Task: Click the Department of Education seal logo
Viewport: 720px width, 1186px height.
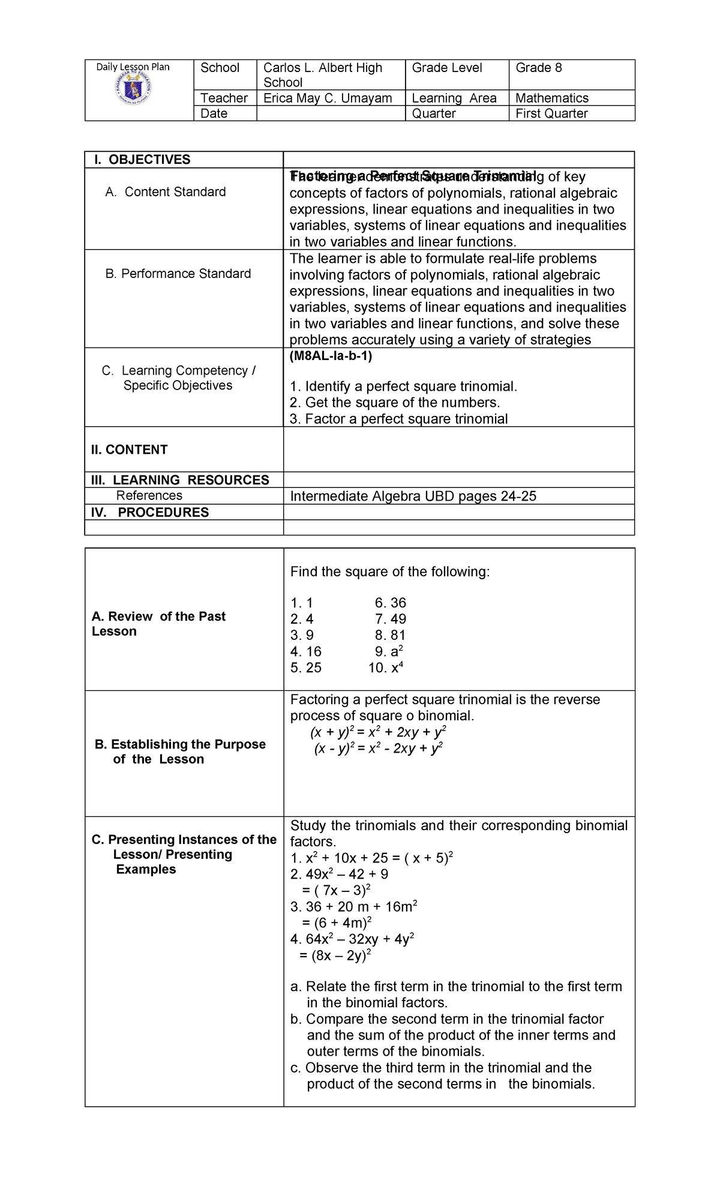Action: point(133,91)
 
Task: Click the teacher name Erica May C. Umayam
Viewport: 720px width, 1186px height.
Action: point(328,98)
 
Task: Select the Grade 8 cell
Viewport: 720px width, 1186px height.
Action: point(539,68)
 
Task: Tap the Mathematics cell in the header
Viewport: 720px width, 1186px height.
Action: point(551,98)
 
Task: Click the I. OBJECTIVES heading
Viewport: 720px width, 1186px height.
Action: point(142,160)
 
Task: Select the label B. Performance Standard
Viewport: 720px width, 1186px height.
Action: point(178,274)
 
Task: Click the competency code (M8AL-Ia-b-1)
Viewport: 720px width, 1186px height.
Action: point(331,356)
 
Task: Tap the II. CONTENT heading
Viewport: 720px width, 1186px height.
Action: point(130,450)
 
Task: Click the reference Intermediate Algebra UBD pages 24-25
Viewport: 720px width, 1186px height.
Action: point(413,496)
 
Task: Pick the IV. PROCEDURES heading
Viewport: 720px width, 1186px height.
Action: point(150,512)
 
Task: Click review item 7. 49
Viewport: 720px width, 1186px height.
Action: point(391,619)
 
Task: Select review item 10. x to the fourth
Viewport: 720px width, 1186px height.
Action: point(386,667)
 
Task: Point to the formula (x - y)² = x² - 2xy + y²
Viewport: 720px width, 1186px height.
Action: point(379,748)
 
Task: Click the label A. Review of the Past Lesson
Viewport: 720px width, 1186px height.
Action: point(158,624)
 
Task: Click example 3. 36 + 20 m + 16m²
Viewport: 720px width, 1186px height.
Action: point(353,906)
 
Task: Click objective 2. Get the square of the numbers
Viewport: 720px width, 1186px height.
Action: point(394,403)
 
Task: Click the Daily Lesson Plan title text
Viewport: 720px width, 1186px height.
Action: point(133,67)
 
